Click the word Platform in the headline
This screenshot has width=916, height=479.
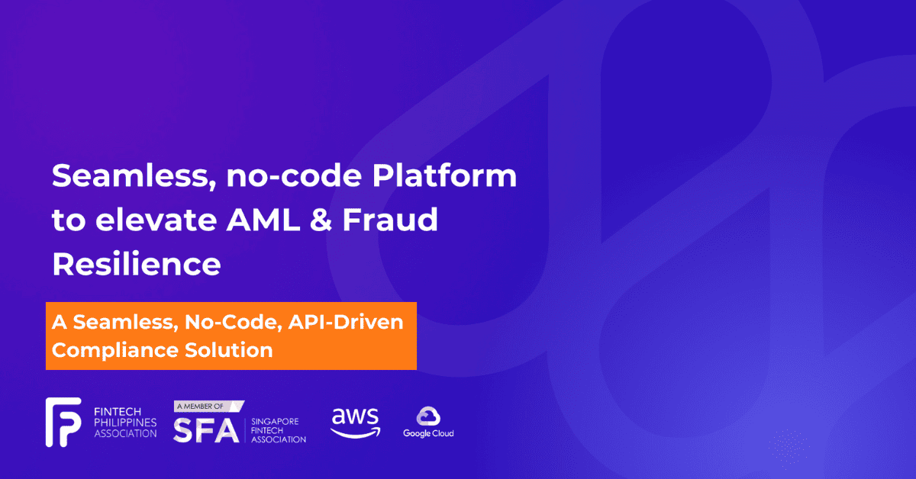444,175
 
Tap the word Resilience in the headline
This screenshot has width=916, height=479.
137,264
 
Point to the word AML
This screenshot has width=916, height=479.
263,220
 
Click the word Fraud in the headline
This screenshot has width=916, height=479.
390,220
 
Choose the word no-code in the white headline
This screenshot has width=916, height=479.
294,175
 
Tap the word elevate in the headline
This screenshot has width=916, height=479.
156,220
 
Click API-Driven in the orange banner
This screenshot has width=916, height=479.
346,322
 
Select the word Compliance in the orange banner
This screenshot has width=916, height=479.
115,351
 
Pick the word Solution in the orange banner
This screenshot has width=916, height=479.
228,350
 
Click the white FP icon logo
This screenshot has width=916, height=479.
63,423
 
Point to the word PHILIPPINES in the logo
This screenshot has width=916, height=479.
125,423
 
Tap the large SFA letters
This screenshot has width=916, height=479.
206,430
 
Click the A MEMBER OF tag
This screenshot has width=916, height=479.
209,407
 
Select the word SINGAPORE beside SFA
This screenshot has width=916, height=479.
275,421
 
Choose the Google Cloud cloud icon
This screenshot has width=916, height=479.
428,416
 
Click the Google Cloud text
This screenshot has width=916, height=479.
428,434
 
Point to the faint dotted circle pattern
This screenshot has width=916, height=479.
788,446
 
